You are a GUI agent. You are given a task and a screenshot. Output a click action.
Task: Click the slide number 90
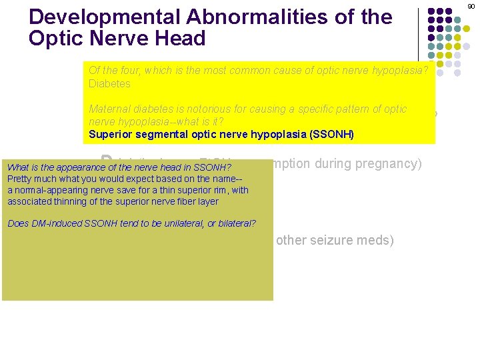tap(471, 5)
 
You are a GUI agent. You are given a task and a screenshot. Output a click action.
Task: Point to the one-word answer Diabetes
tap(109, 84)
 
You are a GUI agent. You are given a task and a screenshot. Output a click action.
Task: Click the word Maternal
tap(109, 109)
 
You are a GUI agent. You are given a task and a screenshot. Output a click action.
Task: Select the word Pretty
tap(21, 179)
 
